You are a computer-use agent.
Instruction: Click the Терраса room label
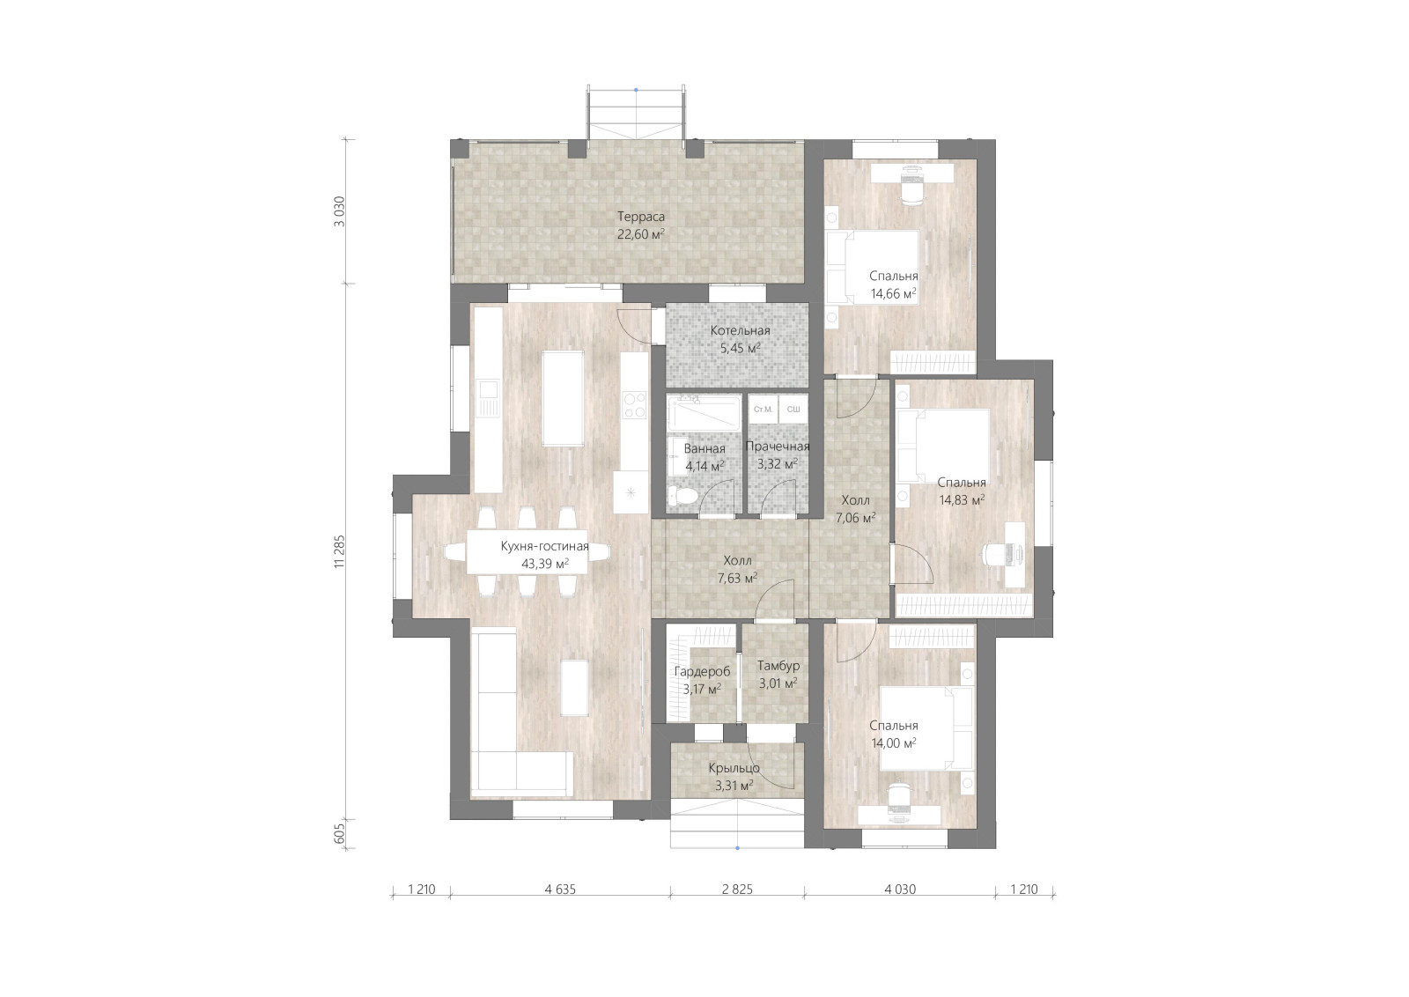coord(640,217)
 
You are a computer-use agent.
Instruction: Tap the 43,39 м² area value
coord(545,564)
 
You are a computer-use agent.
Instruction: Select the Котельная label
coord(740,331)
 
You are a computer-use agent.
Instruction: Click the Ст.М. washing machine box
coord(763,410)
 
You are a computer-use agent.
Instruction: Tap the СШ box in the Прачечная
coord(793,410)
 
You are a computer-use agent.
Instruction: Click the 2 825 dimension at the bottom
coord(737,890)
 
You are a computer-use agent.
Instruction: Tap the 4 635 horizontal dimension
coord(560,890)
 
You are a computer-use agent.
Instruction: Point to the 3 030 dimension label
coord(340,211)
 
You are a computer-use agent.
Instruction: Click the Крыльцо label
coord(734,768)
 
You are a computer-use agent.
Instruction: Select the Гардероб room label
coord(702,672)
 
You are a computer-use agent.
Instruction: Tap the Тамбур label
coord(778,666)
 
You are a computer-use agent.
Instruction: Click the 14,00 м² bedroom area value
coord(893,742)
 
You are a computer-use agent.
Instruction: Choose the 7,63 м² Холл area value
coord(737,578)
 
